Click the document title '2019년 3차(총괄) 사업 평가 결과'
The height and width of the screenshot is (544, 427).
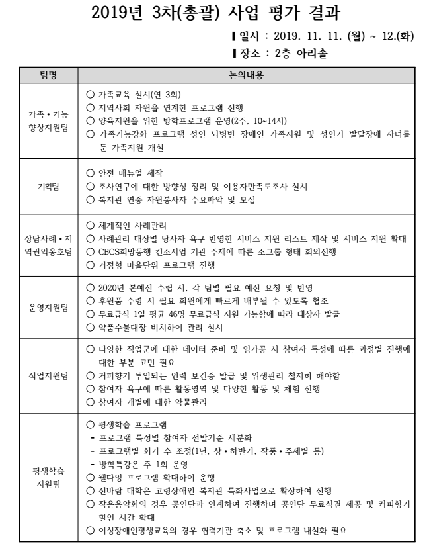[x=213, y=13]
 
